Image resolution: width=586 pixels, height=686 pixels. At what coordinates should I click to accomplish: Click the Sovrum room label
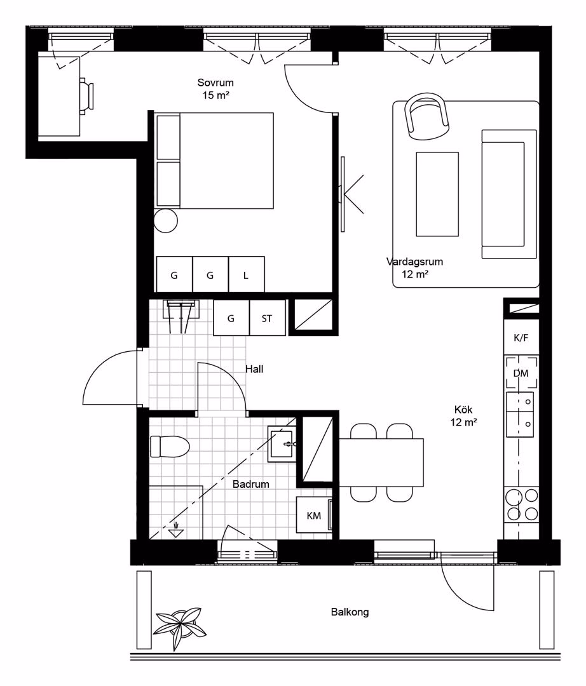[x=215, y=83]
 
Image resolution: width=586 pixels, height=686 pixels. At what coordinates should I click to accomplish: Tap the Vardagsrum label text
[x=414, y=262]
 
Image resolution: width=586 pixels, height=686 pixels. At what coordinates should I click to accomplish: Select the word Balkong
[x=350, y=612]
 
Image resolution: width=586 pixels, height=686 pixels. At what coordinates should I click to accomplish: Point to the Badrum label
[x=251, y=484]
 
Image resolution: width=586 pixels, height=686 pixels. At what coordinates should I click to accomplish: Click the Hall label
[x=254, y=369]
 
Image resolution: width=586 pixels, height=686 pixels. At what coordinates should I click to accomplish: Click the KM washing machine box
[x=314, y=515]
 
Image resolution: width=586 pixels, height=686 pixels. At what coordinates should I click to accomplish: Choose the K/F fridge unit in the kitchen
[x=521, y=338]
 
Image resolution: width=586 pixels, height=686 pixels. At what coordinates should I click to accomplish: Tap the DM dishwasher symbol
[x=521, y=373]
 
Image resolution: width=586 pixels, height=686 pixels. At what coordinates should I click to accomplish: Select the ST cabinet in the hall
[x=268, y=318]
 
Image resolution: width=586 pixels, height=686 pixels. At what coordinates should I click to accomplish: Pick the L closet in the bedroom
[x=247, y=274]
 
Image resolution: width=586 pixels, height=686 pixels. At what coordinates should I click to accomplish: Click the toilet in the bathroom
[x=169, y=447]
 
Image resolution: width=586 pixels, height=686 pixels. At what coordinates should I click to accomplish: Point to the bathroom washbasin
[x=282, y=444]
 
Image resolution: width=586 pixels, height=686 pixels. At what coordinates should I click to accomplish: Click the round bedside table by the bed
[x=166, y=221]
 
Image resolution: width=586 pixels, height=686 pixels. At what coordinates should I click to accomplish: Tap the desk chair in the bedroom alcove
[x=86, y=97]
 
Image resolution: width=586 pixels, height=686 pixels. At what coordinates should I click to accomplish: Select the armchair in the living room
[x=427, y=113]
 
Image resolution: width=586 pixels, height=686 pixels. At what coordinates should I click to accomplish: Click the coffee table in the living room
[x=437, y=194]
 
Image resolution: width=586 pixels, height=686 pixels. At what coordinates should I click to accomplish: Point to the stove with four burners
[x=521, y=504]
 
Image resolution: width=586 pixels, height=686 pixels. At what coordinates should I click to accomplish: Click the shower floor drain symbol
[x=175, y=530]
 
